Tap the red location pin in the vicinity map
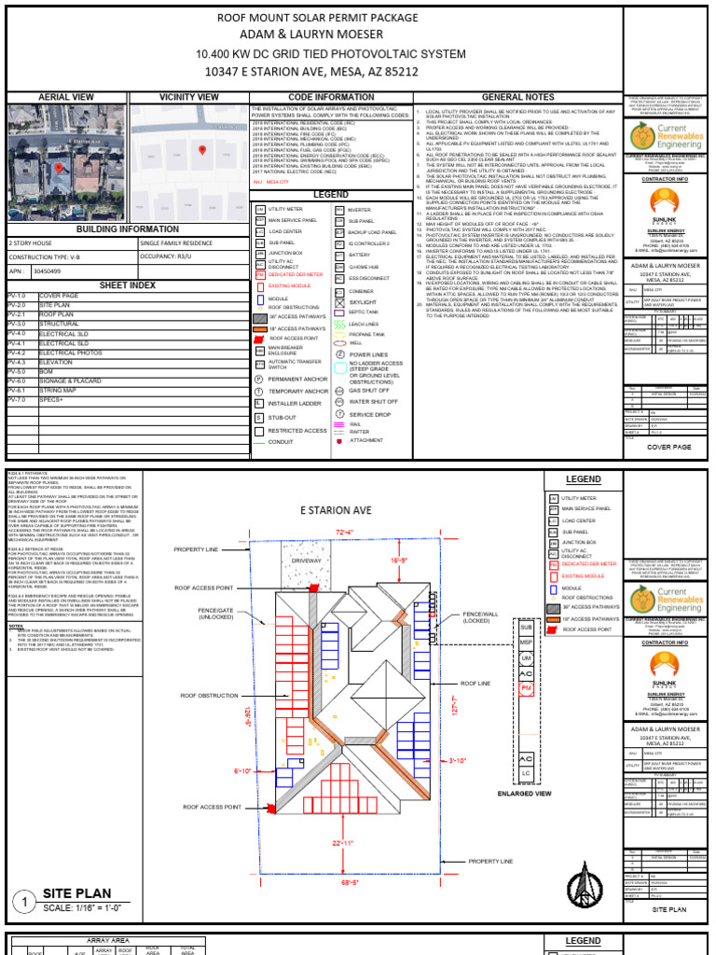point(202,149)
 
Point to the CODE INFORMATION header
point(318,97)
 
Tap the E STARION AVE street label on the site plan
point(336,510)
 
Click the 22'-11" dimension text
point(342,843)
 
